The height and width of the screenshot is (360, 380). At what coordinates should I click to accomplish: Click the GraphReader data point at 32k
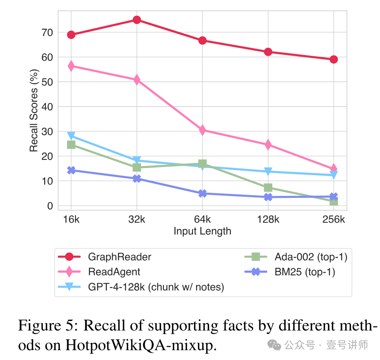[x=137, y=20]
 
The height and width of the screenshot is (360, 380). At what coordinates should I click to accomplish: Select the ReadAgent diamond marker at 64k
[x=202, y=130]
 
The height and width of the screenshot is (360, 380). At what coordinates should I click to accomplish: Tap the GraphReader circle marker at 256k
[x=334, y=59]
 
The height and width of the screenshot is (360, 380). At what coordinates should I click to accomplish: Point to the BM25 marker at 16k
[x=71, y=170]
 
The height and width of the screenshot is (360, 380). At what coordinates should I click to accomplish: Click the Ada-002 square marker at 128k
[x=268, y=188]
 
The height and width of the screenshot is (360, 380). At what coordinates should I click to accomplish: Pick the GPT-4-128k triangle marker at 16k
[x=71, y=136]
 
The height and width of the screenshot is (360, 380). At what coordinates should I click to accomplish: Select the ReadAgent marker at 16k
[x=71, y=66]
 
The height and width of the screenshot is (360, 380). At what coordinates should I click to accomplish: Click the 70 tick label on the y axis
[x=47, y=32]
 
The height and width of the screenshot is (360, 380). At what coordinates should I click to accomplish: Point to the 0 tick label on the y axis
[x=50, y=206]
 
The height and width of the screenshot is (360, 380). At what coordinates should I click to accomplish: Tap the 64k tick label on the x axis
[x=202, y=219]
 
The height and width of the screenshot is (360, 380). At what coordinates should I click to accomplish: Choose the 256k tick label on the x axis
[x=334, y=219]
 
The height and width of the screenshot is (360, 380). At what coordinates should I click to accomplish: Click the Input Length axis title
[x=202, y=231]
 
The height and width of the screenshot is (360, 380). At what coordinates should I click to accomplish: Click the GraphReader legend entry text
[x=119, y=257]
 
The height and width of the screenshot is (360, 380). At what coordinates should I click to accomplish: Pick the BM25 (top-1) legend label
[x=305, y=272]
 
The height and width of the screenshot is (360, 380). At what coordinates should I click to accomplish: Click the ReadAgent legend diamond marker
[x=69, y=272]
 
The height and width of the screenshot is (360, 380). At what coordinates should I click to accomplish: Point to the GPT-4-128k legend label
[x=156, y=287]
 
